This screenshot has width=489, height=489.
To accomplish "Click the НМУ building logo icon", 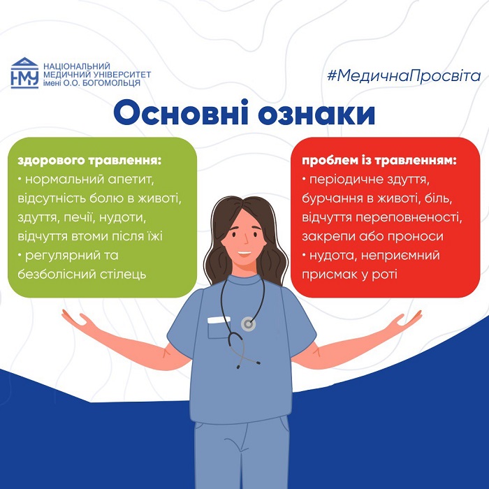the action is pyautogui.click(x=24, y=73).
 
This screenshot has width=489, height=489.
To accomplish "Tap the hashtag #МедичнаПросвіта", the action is pyautogui.click(x=404, y=75).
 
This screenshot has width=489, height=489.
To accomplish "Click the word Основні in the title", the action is pyautogui.click(x=181, y=112).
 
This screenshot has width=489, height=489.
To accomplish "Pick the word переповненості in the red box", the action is pyautogui.click(x=409, y=218).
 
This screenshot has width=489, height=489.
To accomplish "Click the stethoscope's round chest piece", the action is pyautogui.click(x=248, y=324).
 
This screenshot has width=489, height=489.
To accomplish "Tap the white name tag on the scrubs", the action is pyautogui.click(x=219, y=320).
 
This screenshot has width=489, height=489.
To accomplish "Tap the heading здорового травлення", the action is pyautogui.click(x=89, y=161).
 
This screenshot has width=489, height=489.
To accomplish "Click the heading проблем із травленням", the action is pyautogui.click(x=379, y=161).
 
